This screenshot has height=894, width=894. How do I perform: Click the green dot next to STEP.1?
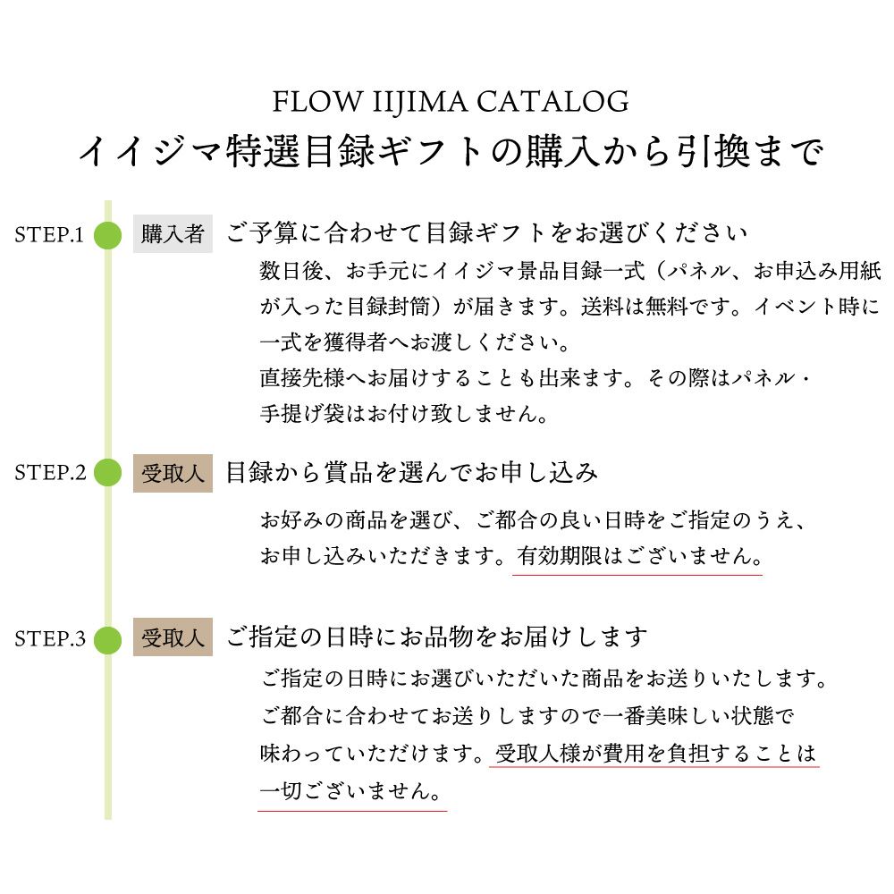pos(108,235)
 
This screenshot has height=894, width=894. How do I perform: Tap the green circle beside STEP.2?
pos(108,473)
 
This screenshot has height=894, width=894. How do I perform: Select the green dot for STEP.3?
pos(108,640)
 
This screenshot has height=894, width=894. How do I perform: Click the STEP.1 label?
pos(49,235)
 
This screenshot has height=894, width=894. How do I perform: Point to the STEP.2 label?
pos(50,473)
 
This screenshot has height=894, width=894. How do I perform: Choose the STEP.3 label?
pos(50,639)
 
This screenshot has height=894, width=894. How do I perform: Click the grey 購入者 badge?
pos(173,233)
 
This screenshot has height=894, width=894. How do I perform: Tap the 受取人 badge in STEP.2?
pos(173,473)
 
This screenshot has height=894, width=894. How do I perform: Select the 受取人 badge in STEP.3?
pos(173,637)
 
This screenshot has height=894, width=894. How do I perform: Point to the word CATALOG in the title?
pos(552,102)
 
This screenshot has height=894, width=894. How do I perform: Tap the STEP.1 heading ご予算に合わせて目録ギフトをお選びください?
pos(487,233)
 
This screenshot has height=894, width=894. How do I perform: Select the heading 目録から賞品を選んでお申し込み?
pos(411,473)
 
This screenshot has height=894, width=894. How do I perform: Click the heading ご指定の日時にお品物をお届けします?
pos(437,637)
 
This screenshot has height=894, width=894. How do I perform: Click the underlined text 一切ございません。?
pos(350,791)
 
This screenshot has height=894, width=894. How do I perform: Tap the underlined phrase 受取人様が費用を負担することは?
pos(655,754)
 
